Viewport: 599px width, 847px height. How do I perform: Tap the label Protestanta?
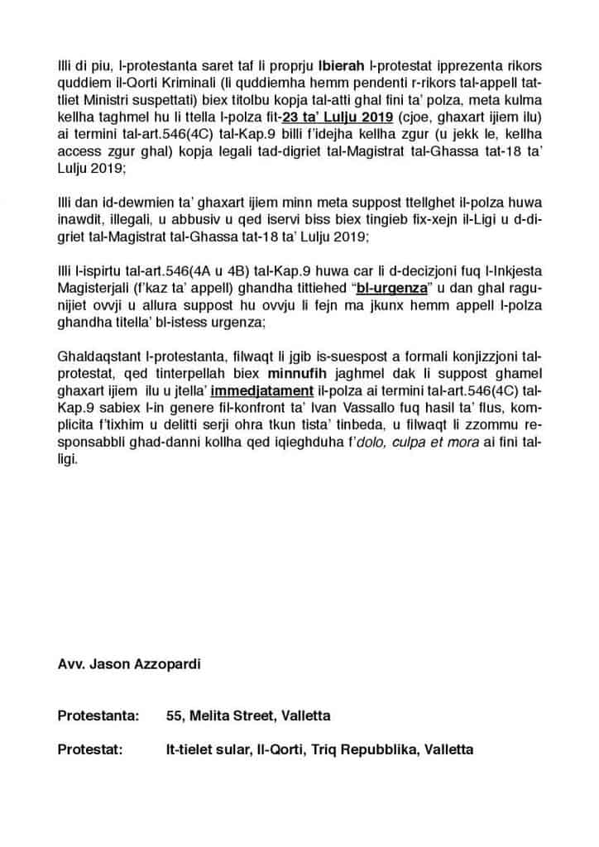pos(93,715)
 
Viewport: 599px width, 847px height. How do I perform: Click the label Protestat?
pos(89,749)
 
